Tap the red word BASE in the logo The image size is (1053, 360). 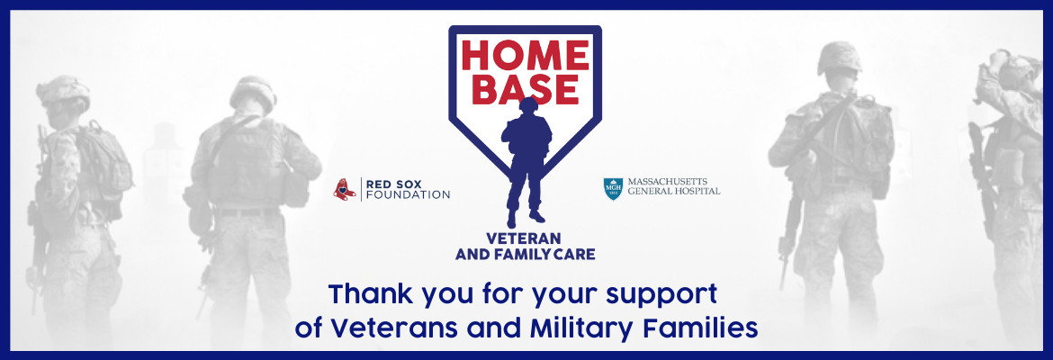(x=526, y=89)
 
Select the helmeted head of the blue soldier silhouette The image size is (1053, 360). (x=528, y=105)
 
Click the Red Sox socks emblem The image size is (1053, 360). (x=345, y=189)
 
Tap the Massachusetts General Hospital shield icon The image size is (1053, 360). (x=613, y=189)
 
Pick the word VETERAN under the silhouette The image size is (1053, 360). (x=526, y=239)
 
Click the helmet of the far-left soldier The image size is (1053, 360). (x=63, y=92)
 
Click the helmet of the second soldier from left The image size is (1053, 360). (x=253, y=92)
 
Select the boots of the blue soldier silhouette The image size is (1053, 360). (x=526, y=216)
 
